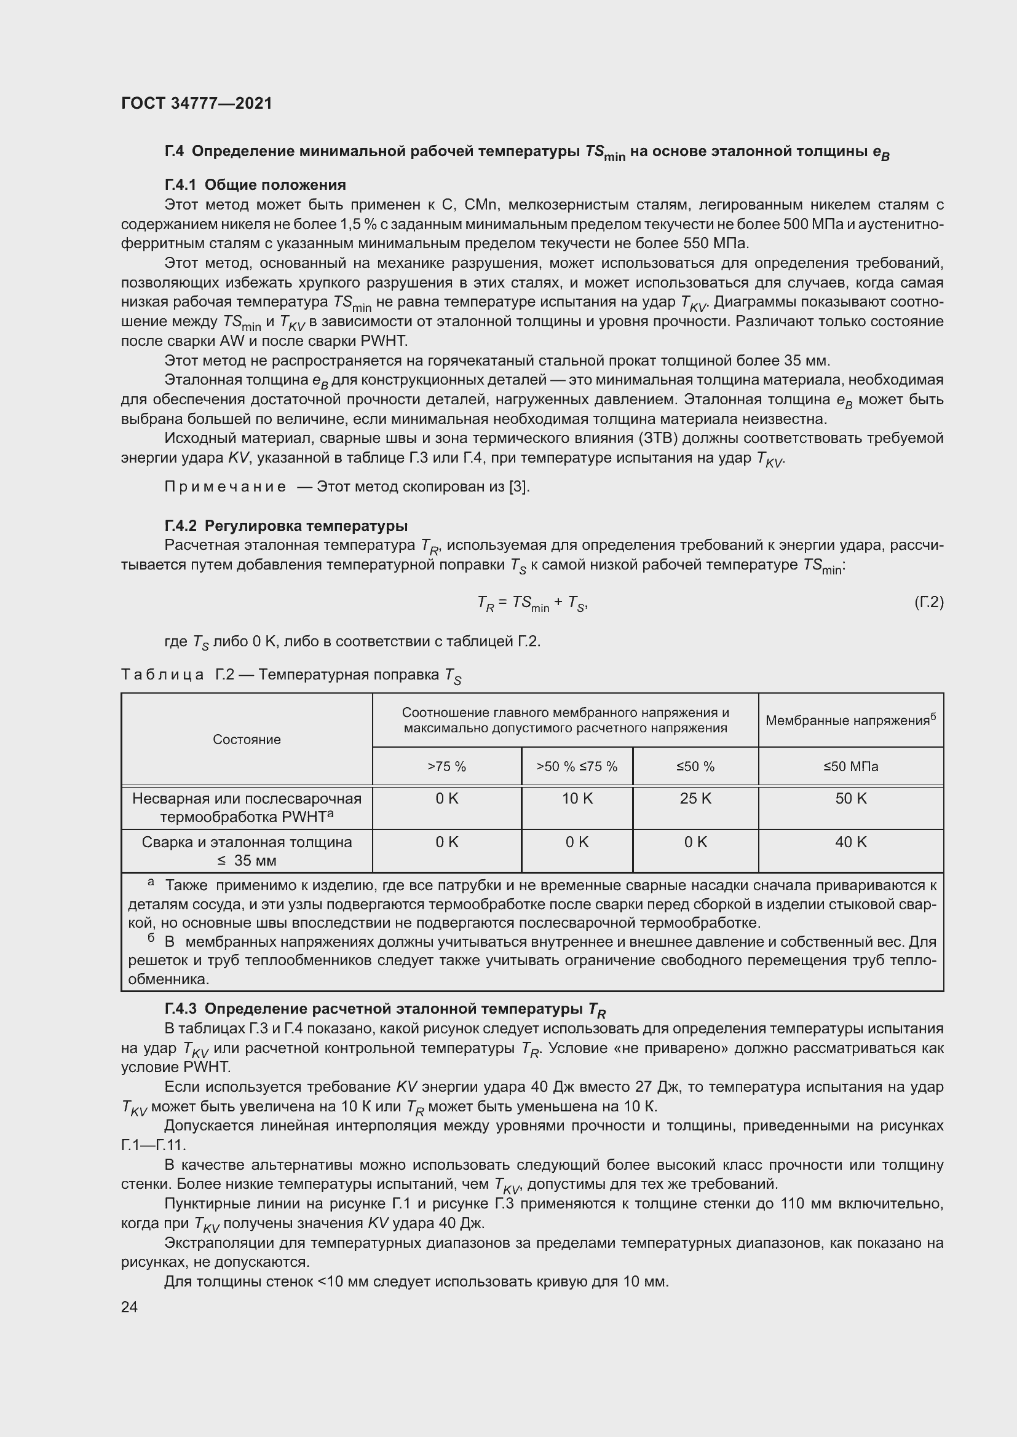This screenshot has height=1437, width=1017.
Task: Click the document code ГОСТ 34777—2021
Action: [197, 103]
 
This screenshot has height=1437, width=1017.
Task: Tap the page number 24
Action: [129, 1306]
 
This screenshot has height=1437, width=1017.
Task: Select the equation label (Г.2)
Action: [928, 602]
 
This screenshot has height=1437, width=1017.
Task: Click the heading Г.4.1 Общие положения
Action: [255, 185]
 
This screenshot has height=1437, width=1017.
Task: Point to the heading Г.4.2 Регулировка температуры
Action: [285, 525]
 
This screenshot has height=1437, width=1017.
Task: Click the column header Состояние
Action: [247, 739]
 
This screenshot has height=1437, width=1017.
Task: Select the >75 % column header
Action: [446, 766]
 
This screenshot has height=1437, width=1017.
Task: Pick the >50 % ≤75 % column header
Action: [577, 766]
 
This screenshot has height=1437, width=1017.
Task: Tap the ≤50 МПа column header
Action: [850, 766]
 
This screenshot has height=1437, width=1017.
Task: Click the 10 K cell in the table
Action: [577, 799]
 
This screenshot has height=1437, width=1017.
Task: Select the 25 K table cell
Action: [695, 799]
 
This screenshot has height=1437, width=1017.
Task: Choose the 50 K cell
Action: [850, 799]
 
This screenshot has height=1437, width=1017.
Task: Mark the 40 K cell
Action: [850, 842]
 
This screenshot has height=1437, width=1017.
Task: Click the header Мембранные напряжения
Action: [850, 721]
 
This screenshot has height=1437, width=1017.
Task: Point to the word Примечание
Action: [226, 487]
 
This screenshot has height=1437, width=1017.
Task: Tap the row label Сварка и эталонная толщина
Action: [247, 842]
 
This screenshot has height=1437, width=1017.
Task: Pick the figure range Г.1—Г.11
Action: [154, 1145]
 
